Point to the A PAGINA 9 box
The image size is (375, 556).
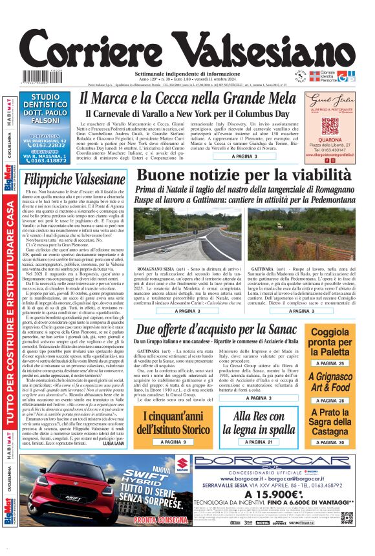pyautogui.click(x=173, y=441)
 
